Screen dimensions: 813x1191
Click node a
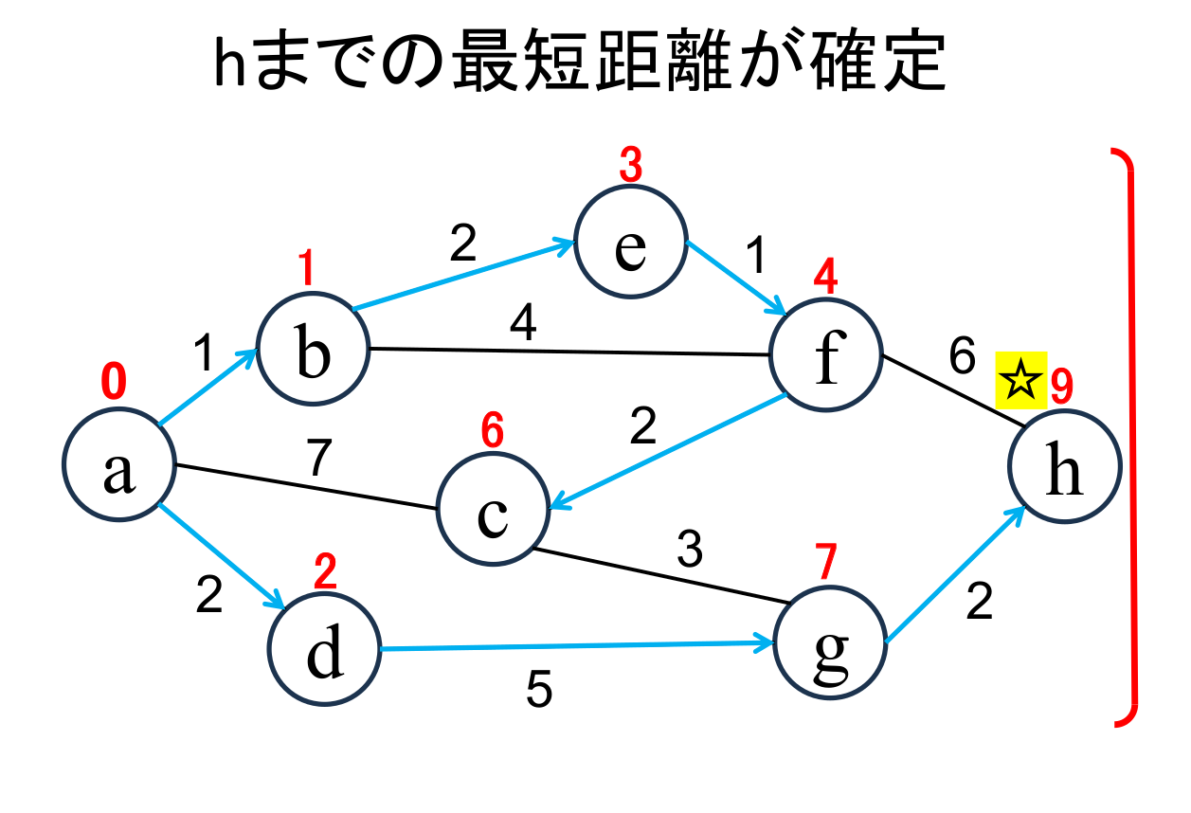[x=119, y=465]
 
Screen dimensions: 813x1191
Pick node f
[x=826, y=356]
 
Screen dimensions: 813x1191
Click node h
[x=1065, y=466]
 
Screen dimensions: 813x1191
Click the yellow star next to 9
[x=1020, y=384]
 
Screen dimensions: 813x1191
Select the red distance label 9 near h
[x=1060, y=386]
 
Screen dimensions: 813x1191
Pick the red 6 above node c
[x=492, y=432]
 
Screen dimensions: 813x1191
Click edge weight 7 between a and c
[x=318, y=459]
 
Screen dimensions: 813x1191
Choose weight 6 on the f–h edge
[x=961, y=357]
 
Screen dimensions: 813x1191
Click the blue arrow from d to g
[x=578, y=647]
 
